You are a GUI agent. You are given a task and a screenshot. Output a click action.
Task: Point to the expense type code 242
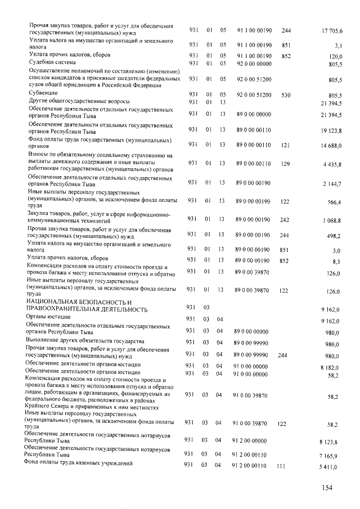(285, 219)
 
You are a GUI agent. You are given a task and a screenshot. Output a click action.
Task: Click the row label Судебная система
(52, 62)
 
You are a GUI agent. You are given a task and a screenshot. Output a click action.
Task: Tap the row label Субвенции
(43, 93)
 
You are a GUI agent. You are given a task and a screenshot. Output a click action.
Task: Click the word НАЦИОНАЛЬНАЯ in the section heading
(52, 302)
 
